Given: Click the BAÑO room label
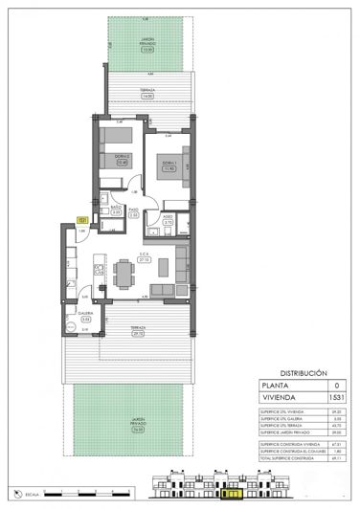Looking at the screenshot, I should (115, 207).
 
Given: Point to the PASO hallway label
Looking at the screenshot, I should (135, 211).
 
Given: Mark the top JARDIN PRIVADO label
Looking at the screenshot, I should (146, 39).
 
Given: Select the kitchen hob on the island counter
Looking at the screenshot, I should (96, 266).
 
